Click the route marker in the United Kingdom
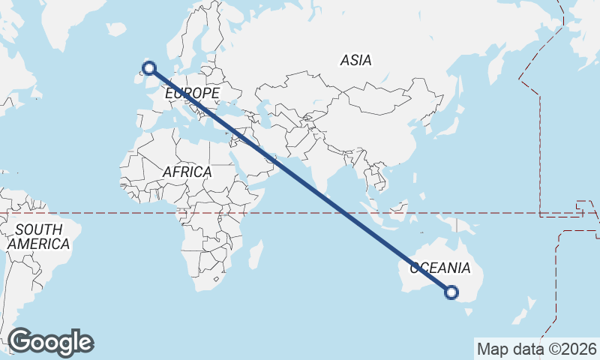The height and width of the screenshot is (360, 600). (149, 68)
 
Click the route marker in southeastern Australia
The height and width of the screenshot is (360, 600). (451, 292)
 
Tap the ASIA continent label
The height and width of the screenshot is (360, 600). (355, 60)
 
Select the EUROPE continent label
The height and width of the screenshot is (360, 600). (192, 93)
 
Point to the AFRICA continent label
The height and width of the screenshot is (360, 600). (187, 172)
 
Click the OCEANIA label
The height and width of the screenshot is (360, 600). (439, 268)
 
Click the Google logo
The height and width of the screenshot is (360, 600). (50, 342)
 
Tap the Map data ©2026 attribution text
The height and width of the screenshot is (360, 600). (536, 349)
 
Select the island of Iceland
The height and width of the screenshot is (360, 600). (116, 29)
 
